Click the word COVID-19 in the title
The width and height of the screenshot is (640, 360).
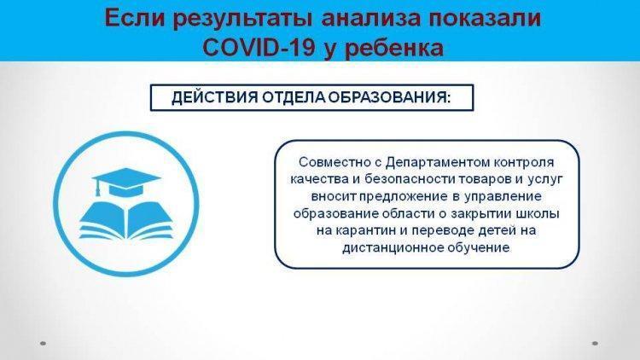point(259,48)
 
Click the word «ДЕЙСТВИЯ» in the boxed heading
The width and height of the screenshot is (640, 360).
point(214,98)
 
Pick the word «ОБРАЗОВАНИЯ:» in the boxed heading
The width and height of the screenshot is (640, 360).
point(390,98)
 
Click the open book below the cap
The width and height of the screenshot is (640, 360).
point(126,219)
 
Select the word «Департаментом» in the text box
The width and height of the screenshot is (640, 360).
point(438,162)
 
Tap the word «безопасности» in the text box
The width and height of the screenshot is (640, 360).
point(410,179)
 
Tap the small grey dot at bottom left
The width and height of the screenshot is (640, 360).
point(43,344)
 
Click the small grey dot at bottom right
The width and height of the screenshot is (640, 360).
point(595,344)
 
